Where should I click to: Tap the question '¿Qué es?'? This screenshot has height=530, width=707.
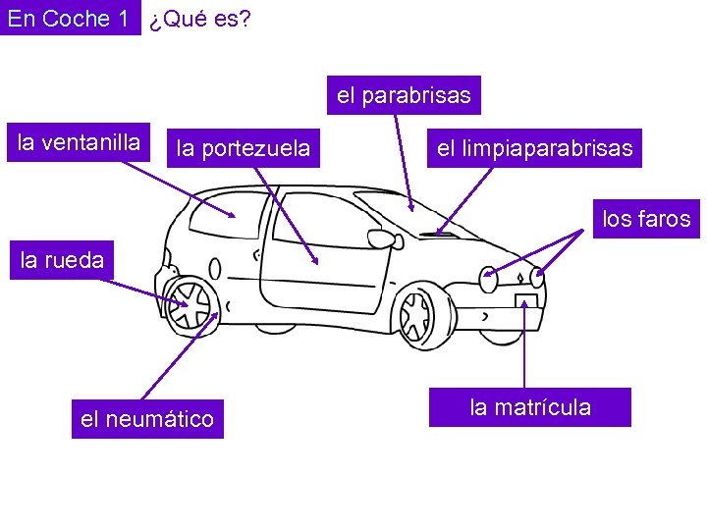[x=200, y=19]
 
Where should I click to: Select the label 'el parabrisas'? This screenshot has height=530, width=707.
[x=404, y=95]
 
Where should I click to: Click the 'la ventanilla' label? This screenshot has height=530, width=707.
[x=80, y=142]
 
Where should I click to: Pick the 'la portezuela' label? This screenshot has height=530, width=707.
[x=243, y=149]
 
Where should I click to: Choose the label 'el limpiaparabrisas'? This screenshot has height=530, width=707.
[x=534, y=149]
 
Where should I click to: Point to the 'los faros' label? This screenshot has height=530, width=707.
[x=646, y=219]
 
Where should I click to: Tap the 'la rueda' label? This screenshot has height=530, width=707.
[x=61, y=260]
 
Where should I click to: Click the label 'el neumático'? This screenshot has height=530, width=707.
[x=146, y=419]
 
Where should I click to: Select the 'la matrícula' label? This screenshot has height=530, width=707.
[x=530, y=407]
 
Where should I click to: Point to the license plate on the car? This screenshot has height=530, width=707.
[x=526, y=302]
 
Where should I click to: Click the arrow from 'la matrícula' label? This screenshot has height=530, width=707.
[x=526, y=344]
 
